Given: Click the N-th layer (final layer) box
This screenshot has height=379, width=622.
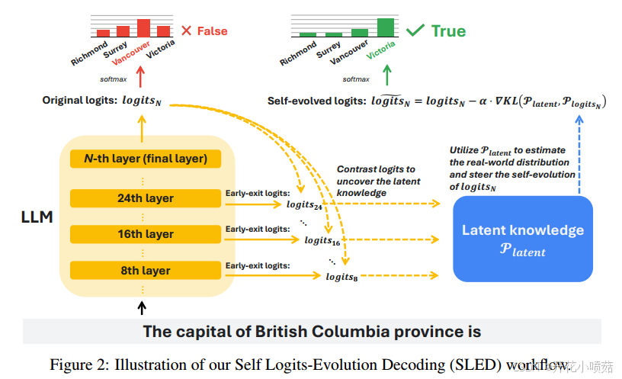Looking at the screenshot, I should pos(145,159).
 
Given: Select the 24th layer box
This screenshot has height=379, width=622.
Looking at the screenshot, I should pos(145,198).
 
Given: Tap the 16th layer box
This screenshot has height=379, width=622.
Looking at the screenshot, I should pos(145,234).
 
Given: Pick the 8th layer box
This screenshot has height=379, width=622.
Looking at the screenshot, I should pos(145,270).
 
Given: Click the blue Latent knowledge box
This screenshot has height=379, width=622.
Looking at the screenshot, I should pos(523,238).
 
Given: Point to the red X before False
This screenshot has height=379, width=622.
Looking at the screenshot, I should pos(187,31).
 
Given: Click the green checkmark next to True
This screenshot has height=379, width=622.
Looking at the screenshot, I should pos(415,31).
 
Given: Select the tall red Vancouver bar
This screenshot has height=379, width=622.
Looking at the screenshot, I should pos(143,28).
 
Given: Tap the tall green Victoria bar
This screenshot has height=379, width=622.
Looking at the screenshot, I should pos(385,27).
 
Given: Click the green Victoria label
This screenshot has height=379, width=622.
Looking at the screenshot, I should pos(380,51).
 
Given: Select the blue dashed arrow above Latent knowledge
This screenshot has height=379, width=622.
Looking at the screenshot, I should pos(580,153).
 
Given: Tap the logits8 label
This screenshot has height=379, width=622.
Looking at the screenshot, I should pos(341,277).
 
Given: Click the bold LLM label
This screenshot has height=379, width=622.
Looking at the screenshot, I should pos(37,217).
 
